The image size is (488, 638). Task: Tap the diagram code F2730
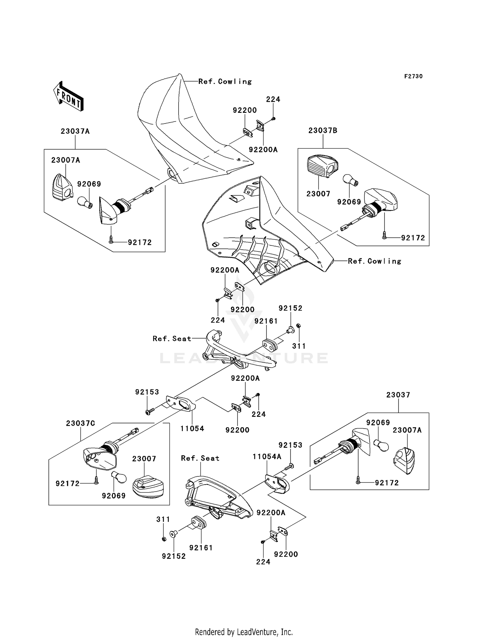(413, 76)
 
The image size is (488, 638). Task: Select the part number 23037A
(75, 131)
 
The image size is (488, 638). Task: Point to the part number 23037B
(323, 130)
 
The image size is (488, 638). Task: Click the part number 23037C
(81, 423)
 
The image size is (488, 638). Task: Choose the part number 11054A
(267, 457)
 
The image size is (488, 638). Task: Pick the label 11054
(192, 429)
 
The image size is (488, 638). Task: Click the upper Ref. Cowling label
(225, 82)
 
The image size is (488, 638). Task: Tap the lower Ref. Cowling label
(374, 261)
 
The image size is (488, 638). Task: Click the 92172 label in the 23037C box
(68, 484)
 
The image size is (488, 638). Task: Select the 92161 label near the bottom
(201, 548)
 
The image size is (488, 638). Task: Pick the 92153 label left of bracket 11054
(147, 392)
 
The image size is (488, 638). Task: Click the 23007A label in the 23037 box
(407, 430)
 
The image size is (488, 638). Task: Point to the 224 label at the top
(273, 100)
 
